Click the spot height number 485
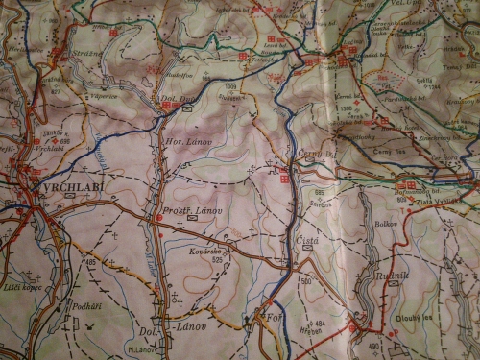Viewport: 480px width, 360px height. [x=92, y=260]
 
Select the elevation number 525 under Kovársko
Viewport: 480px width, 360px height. [x=219, y=258]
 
